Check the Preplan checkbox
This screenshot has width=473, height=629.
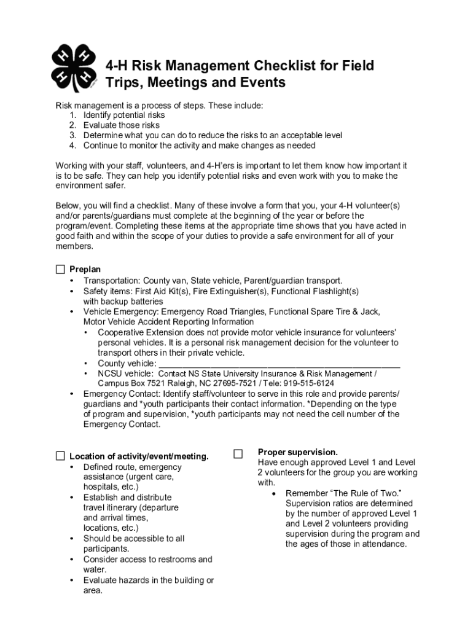(x=60, y=269)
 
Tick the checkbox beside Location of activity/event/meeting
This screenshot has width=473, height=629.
(x=60, y=456)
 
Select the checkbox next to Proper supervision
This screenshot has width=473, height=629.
(x=238, y=454)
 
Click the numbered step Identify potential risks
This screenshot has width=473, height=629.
(x=124, y=115)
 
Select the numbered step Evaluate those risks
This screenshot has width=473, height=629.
(x=122, y=125)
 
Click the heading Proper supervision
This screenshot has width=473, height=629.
(x=297, y=452)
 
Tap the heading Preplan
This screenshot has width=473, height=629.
(x=85, y=270)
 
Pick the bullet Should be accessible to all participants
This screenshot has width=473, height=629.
(x=133, y=544)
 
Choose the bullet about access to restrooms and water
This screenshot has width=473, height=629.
(x=147, y=564)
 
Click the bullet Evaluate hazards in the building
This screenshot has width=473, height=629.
(x=148, y=585)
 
